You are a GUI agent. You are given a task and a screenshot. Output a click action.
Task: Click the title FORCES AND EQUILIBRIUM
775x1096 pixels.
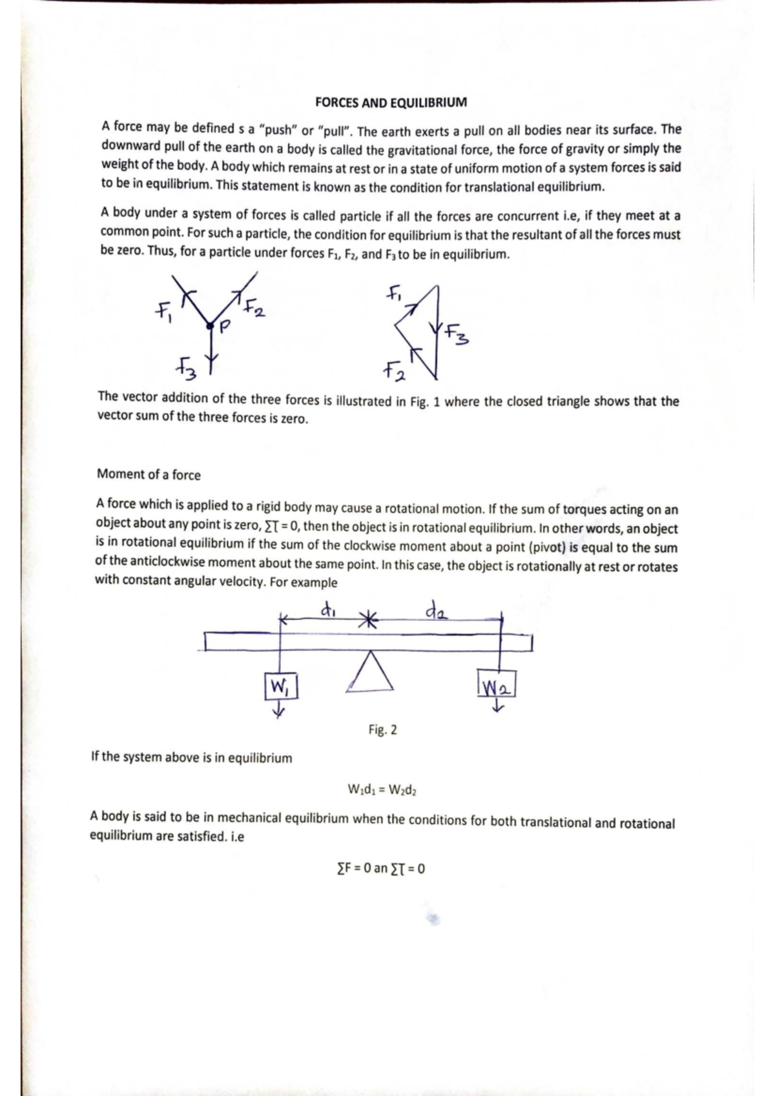(390, 103)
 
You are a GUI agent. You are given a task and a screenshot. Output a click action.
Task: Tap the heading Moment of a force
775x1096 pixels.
(149, 474)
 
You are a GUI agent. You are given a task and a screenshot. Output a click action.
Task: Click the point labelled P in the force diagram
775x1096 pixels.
(209, 327)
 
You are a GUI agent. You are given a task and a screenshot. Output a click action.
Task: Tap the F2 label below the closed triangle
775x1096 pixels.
(393, 371)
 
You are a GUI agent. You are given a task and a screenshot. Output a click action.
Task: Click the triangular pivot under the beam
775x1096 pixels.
(369, 673)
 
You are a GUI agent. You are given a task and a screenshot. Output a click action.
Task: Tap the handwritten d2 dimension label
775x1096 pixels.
(435, 609)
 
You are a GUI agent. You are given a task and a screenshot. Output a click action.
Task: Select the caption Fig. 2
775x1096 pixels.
(382, 730)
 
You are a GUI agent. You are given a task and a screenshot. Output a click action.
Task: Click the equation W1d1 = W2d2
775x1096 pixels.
(382, 789)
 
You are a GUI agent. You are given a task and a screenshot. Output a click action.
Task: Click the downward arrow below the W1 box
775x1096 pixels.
(278, 711)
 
